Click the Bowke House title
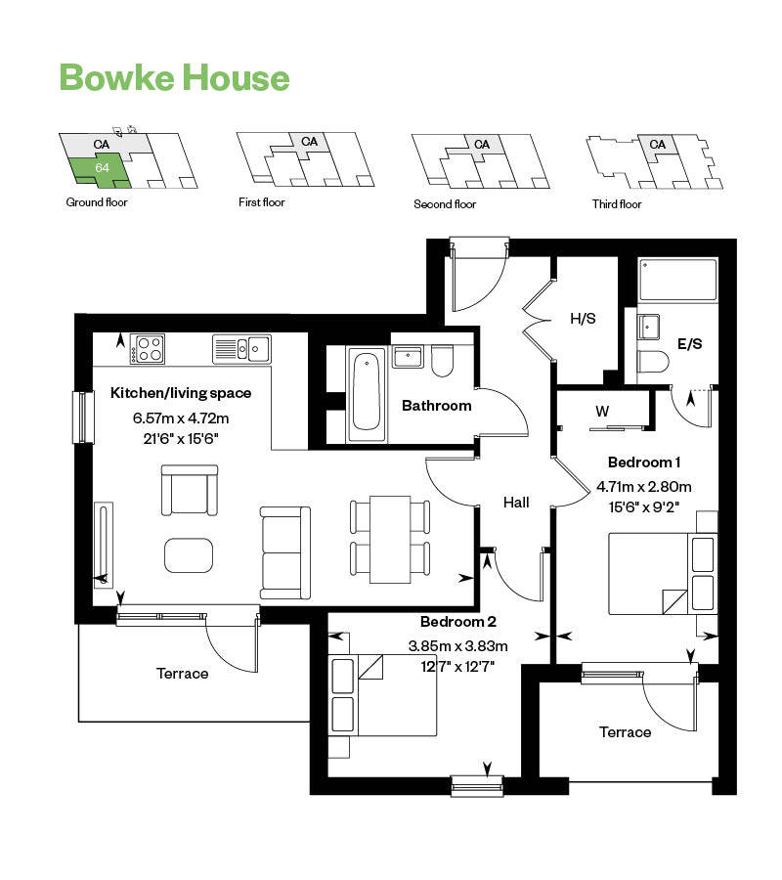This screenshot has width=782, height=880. [x=175, y=77]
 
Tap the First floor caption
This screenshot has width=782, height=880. [x=261, y=203]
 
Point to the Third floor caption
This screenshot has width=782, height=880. [x=616, y=204]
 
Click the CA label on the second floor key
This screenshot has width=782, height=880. [x=481, y=145]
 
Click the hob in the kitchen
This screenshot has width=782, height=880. [x=149, y=347]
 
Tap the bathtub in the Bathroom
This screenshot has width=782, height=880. [x=366, y=392]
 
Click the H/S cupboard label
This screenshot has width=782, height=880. [x=584, y=318]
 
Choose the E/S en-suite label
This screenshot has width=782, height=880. [x=689, y=344]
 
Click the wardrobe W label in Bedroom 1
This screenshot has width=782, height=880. [x=602, y=412]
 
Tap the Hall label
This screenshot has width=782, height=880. [x=516, y=502]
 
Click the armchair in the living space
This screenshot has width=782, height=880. [x=190, y=489]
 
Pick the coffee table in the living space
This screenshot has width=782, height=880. [x=188, y=555]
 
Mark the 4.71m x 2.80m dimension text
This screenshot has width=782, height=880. [x=644, y=486]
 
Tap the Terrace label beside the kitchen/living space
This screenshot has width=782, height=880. [x=182, y=673]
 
